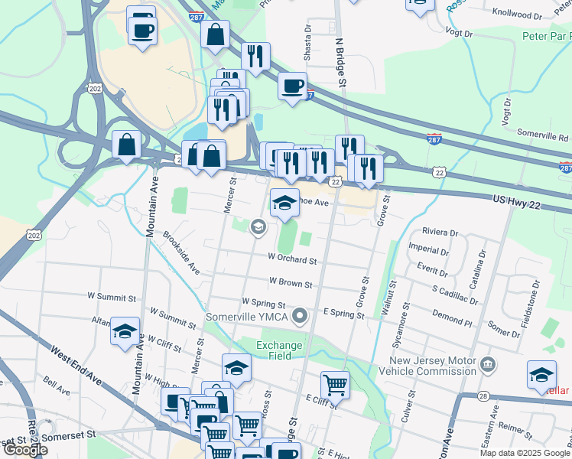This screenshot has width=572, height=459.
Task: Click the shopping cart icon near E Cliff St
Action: click(335, 383)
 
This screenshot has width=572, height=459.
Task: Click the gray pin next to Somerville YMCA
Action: click(301, 315)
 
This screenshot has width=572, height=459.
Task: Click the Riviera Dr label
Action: click(440, 233)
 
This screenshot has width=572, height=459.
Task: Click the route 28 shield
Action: click(483, 396)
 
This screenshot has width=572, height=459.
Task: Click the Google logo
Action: click(25, 450)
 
